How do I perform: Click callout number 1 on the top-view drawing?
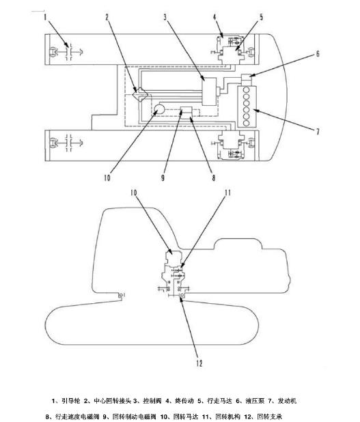(46, 18)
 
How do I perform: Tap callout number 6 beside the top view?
(318, 54)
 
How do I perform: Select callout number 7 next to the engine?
(318, 132)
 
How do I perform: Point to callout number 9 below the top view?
(163, 178)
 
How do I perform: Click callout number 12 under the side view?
(199, 363)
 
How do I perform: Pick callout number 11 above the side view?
(227, 193)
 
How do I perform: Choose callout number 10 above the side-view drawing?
(134, 193)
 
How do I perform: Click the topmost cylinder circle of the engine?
(246, 90)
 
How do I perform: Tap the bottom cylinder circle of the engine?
(246, 123)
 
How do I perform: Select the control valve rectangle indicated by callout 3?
(209, 92)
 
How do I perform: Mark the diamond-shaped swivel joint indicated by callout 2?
(141, 95)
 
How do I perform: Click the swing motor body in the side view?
(172, 257)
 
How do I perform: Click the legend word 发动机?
(287, 401)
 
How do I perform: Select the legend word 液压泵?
(255, 401)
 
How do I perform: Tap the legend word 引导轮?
(71, 401)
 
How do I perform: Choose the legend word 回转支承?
(270, 417)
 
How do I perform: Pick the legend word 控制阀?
(152, 401)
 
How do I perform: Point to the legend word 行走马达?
(219, 401)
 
